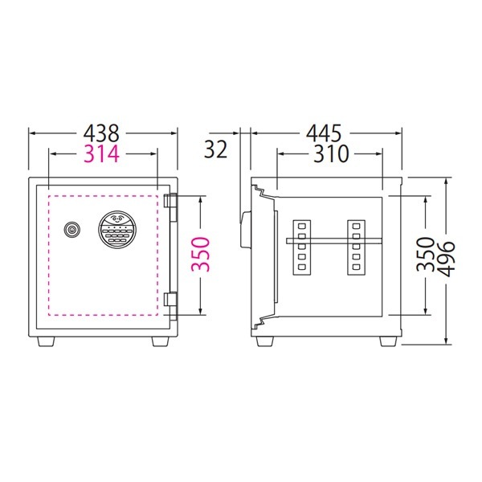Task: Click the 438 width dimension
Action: coord(101,133)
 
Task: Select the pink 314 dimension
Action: coord(101,153)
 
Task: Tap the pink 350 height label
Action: coord(200,254)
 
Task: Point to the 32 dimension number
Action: coord(215,149)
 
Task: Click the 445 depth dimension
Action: coord(324,133)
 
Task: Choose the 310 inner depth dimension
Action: coord(331,153)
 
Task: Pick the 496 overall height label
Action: coord(446,259)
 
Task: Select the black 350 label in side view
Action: coord(426,254)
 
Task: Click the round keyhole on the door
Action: coord(72,229)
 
